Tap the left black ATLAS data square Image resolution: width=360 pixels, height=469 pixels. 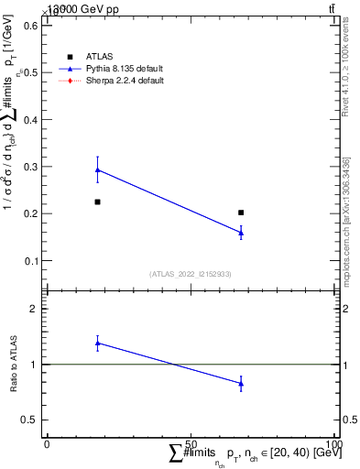[98, 202]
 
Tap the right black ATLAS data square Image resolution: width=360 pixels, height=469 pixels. [241, 213]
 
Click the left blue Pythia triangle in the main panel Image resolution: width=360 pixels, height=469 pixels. [98, 169]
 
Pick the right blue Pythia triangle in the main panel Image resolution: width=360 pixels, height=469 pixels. [241, 233]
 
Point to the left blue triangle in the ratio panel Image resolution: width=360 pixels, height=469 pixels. [98, 343]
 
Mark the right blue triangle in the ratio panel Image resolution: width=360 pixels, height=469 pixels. [241, 384]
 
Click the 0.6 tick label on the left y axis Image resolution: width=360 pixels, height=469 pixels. [27, 26]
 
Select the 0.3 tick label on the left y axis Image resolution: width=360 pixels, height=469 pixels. [27, 167]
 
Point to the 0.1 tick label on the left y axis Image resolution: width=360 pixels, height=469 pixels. [27, 261]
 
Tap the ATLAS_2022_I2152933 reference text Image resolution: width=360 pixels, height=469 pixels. [190, 273]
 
